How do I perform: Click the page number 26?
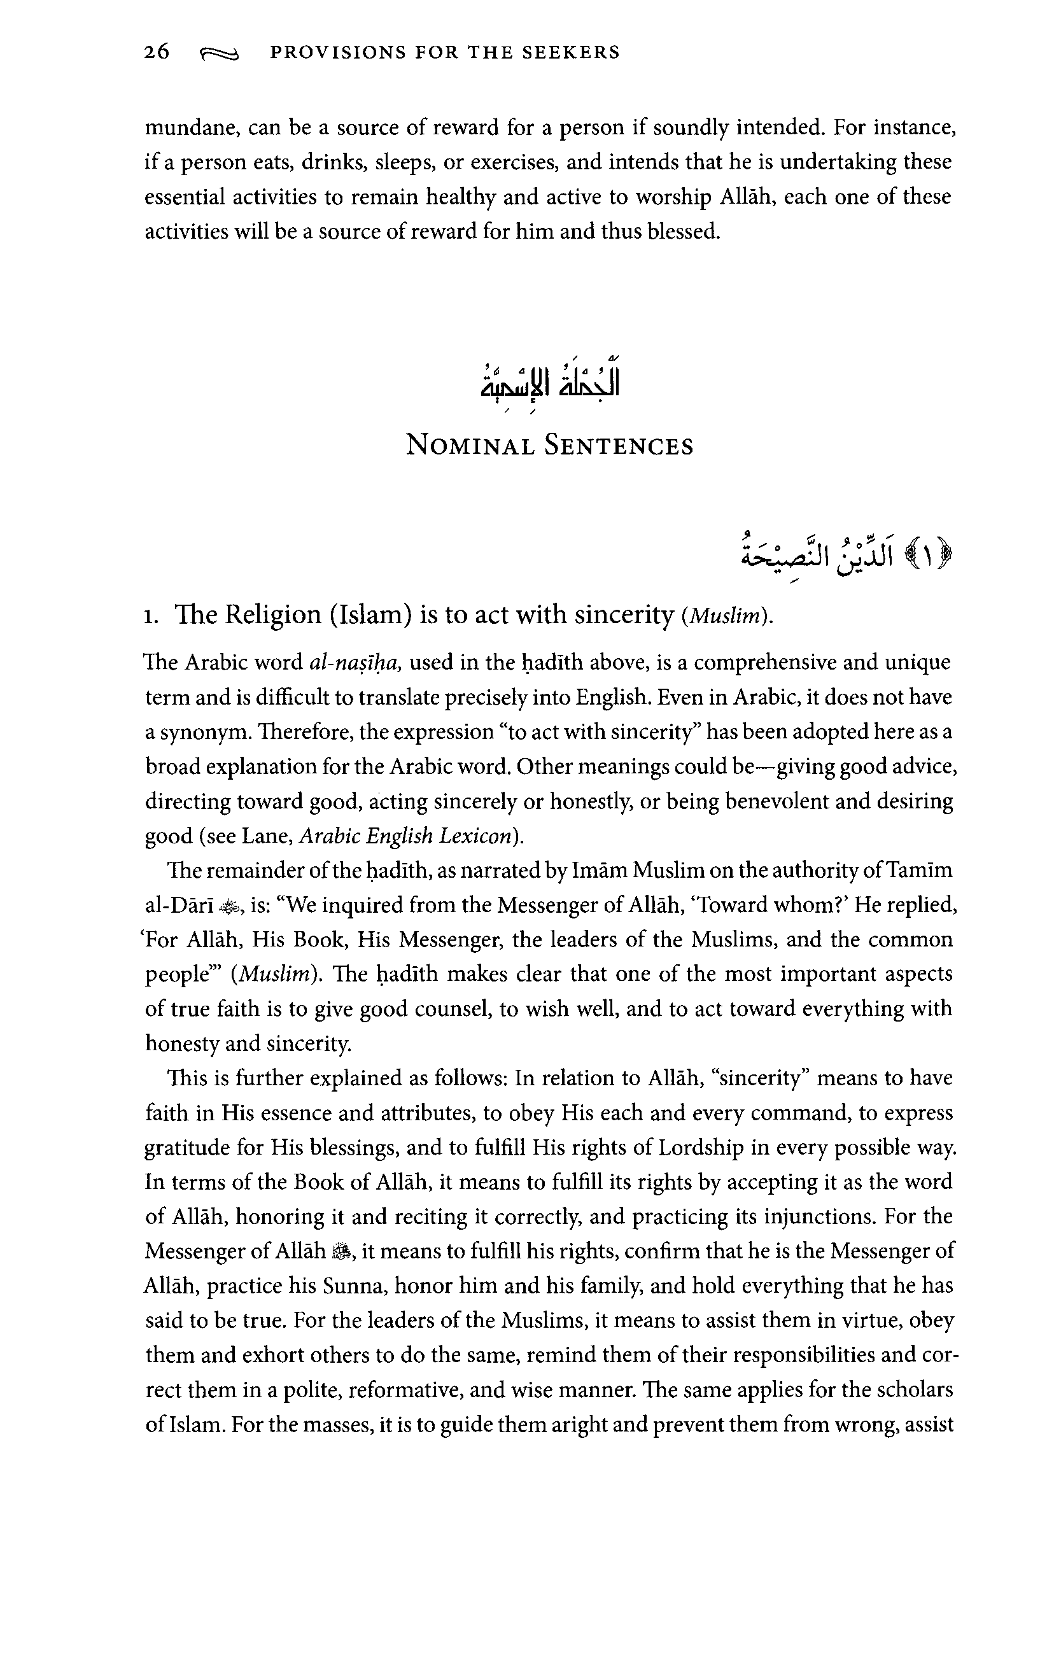pyautogui.click(x=157, y=52)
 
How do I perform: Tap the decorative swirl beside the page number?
pyautogui.click(x=218, y=54)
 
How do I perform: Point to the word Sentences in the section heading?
pyautogui.click(x=619, y=445)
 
